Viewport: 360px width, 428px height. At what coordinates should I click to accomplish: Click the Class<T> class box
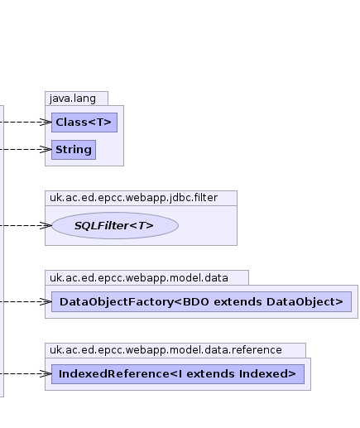tap(84, 123)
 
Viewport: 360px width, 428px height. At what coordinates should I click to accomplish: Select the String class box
tap(74, 150)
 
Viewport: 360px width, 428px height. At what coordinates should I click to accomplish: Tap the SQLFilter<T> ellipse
tap(115, 225)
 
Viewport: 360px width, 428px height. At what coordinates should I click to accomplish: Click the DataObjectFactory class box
tap(201, 301)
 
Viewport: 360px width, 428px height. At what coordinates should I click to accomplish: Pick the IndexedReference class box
tap(178, 374)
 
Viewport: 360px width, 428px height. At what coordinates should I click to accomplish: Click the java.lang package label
tap(73, 99)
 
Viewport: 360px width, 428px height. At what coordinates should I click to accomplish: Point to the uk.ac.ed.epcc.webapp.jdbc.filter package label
tap(133, 198)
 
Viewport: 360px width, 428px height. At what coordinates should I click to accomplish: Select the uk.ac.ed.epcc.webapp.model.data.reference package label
tap(166, 350)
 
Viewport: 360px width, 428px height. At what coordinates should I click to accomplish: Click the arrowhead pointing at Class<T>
tap(46, 123)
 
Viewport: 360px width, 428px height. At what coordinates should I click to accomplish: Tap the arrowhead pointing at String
tap(46, 150)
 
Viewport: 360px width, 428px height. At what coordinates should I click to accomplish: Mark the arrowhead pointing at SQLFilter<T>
tap(46, 226)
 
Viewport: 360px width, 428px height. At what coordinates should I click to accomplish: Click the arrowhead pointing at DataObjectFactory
tap(46, 301)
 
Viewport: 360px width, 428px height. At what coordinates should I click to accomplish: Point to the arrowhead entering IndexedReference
tap(46, 374)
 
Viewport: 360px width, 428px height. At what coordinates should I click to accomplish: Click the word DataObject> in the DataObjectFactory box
tap(305, 302)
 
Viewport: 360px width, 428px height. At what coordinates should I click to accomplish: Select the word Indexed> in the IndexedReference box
tap(267, 374)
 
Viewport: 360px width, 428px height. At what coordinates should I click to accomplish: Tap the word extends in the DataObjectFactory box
tap(238, 302)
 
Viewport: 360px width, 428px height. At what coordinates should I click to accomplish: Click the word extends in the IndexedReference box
tap(210, 374)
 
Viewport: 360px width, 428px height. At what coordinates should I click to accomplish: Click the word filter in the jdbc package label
tap(206, 198)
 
